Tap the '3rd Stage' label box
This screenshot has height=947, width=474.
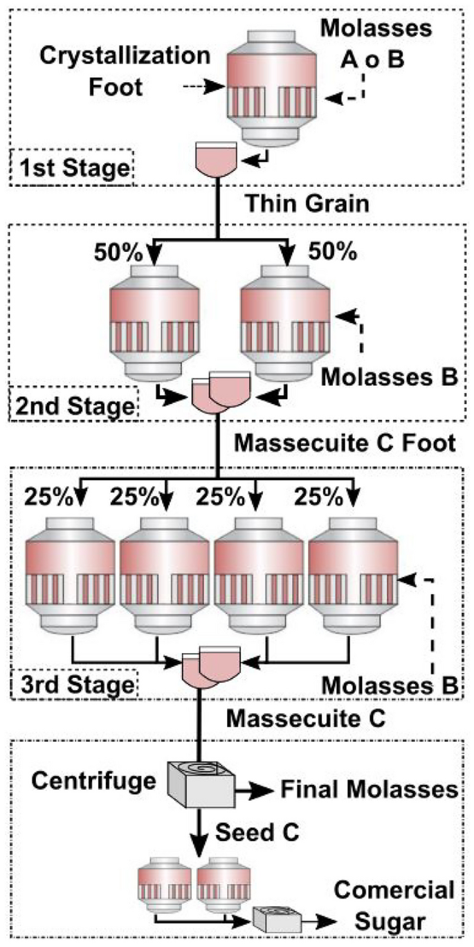click(x=74, y=686)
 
